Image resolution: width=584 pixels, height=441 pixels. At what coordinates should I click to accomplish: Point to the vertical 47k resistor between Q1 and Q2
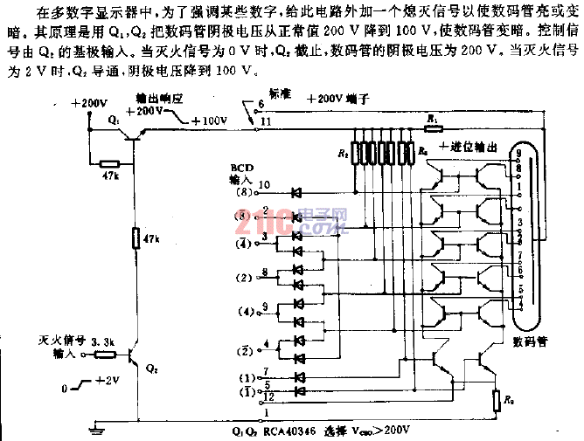coord(136,238)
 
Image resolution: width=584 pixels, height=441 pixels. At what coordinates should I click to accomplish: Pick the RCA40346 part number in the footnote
coord(292,431)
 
